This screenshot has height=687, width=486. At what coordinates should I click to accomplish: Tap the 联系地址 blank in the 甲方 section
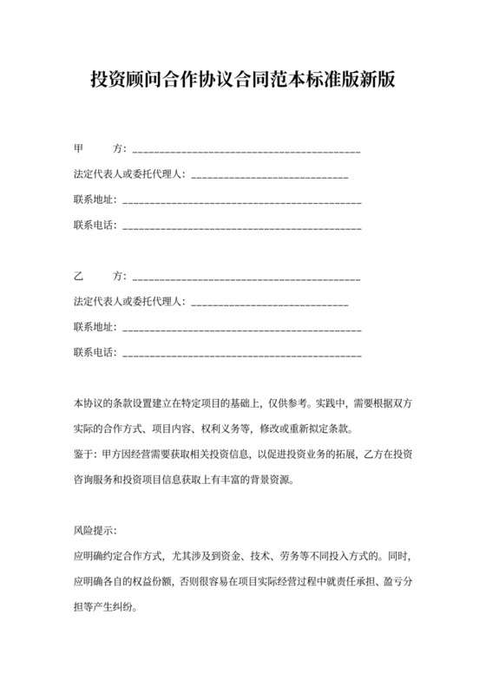(x=243, y=201)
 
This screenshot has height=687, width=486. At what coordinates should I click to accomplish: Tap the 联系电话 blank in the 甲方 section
(x=243, y=227)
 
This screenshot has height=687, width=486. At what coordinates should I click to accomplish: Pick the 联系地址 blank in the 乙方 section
(x=243, y=329)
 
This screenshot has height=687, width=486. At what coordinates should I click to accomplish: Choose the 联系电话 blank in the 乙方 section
(x=243, y=354)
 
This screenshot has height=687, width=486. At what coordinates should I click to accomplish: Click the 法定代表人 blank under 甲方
(x=269, y=176)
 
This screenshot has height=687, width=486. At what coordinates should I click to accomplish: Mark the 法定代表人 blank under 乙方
(x=269, y=304)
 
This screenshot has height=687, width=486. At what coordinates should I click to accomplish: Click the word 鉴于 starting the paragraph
(x=84, y=453)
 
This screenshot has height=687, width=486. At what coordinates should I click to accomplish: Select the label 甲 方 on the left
(x=100, y=151)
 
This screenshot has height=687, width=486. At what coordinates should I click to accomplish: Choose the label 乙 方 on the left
(x=100, y=278)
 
